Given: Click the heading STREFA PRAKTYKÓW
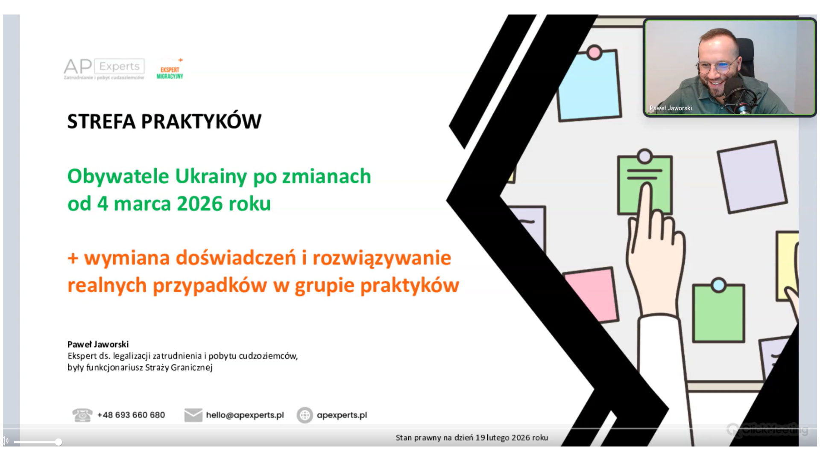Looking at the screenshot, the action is (x=164, y=121).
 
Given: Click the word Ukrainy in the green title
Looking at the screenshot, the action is (x=211, y=177).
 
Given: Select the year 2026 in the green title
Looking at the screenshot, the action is (x=199, y=204).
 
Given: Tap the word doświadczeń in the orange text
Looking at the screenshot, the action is (x=236, y=258).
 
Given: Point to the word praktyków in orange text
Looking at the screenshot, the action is (x=410, y=286).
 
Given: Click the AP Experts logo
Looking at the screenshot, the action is (x=104, y=69).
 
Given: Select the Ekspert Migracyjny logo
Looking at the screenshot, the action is (x=170, y=69).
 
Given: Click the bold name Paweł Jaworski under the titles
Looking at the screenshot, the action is (x=98, y=344).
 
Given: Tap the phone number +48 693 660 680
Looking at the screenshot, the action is (x=131, y=415).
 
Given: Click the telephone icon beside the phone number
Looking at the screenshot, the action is (x=82, y=415).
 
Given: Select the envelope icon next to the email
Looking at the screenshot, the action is (x=193, y=415).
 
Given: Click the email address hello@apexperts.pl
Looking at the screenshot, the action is (x=245, y=415).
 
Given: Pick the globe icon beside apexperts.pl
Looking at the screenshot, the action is (x=305, y=415).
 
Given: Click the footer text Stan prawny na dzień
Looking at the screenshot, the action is (x=434, y=438).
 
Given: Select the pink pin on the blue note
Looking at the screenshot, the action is (x=594, y=53).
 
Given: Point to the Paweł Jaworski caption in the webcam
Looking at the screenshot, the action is (x=671, y=108).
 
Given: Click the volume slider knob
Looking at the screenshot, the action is (x=59, y=442).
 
